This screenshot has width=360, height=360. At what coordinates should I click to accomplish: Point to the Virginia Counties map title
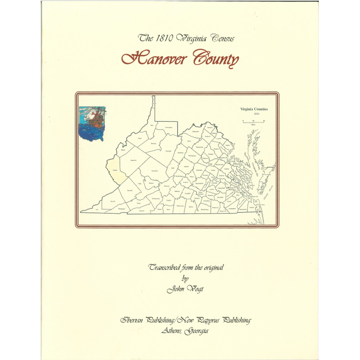[x=254, y=109]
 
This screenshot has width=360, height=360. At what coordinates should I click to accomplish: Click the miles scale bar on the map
[x=253, y=120]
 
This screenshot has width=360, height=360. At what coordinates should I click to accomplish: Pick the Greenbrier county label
[x=154, y=171]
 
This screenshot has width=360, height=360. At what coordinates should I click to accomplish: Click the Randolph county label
[x=168, y=151]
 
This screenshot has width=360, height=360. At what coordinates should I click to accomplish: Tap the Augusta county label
[x=186, y=166]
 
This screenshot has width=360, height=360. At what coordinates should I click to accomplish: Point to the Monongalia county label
[x=169, y=128]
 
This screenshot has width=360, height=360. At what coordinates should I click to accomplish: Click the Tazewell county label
[x=130, y=190]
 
